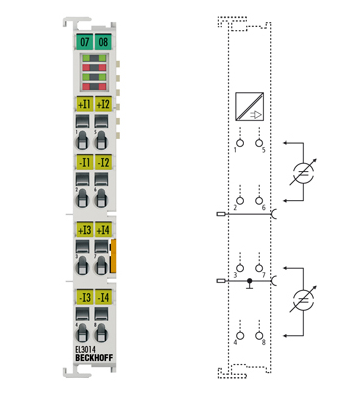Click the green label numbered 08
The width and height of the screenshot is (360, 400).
click(x=102, y=41)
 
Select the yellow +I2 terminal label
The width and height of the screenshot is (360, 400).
click(x=102, y=103)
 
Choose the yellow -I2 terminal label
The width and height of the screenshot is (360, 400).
click(x=102, y=161)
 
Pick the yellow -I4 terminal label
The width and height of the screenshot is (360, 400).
click(x=102, y=297)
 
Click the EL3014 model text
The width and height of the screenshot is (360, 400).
click(x=86, y=350)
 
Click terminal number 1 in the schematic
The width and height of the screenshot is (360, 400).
click(x=239, y=143)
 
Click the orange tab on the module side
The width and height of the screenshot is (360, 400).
click(x=115, y=255)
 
